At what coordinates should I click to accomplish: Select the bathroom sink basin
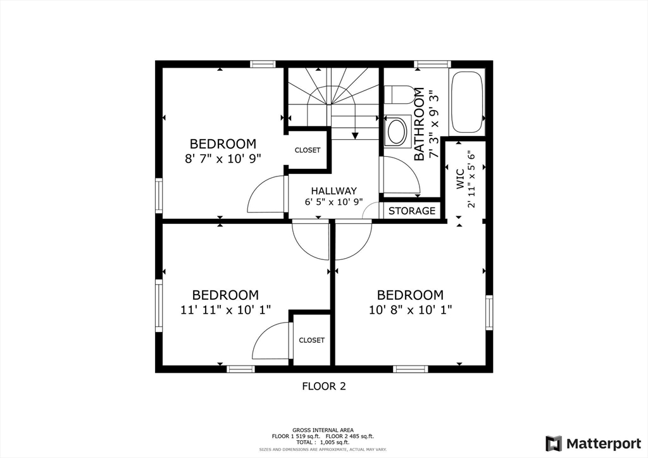397,132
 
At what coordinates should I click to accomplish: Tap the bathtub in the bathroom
466,102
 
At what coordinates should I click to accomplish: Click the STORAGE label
411,211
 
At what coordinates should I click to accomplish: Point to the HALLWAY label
334,191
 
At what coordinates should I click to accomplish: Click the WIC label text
461,178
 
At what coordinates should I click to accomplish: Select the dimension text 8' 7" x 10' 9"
223,159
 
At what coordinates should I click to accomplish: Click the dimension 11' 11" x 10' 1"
226,310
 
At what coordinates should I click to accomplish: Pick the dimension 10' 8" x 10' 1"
410,310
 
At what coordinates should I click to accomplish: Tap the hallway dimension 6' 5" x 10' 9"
334,202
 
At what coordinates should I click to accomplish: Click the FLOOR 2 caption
324,386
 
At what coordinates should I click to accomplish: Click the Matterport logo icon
554,443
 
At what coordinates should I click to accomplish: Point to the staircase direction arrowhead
355,135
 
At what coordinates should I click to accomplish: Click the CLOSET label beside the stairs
308,151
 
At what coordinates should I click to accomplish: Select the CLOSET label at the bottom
311,340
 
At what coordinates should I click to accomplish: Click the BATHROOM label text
419,124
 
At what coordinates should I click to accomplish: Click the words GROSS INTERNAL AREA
323,430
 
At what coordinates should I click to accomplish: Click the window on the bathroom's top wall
432,64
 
